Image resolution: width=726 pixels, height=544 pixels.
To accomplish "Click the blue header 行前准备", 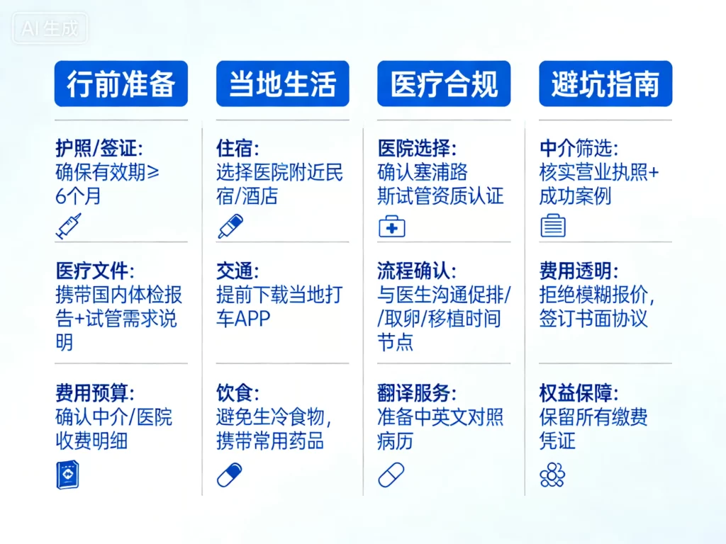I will point(121,84).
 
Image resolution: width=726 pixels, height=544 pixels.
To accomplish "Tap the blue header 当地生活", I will point(282,84).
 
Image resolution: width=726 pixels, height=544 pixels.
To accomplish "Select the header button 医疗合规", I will point(444,84).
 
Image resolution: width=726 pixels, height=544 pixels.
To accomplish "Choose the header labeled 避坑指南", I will point(605,84).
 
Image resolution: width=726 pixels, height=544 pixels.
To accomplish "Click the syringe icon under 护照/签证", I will point(68,225).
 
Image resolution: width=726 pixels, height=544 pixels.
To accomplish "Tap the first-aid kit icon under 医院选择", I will point(391,226).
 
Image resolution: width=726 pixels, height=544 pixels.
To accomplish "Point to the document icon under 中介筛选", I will point(553,226).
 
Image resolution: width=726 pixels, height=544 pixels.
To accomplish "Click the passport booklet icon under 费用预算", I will point(67,475).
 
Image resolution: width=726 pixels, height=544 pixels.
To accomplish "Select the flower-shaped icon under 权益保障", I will point(552,475).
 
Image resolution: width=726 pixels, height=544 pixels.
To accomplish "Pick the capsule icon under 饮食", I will point(229,475).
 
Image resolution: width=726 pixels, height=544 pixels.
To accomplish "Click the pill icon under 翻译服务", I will point(391,475).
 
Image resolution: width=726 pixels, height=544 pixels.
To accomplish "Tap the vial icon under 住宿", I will point(230,225).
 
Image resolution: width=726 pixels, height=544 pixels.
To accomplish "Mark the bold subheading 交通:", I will point(238,271).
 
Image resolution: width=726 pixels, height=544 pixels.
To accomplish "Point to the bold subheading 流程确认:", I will point(417,271).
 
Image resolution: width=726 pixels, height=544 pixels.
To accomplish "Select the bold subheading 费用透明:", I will point(578,271).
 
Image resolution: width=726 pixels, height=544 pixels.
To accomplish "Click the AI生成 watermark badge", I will point(50,29).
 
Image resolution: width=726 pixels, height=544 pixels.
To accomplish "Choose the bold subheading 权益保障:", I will point(578,393).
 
